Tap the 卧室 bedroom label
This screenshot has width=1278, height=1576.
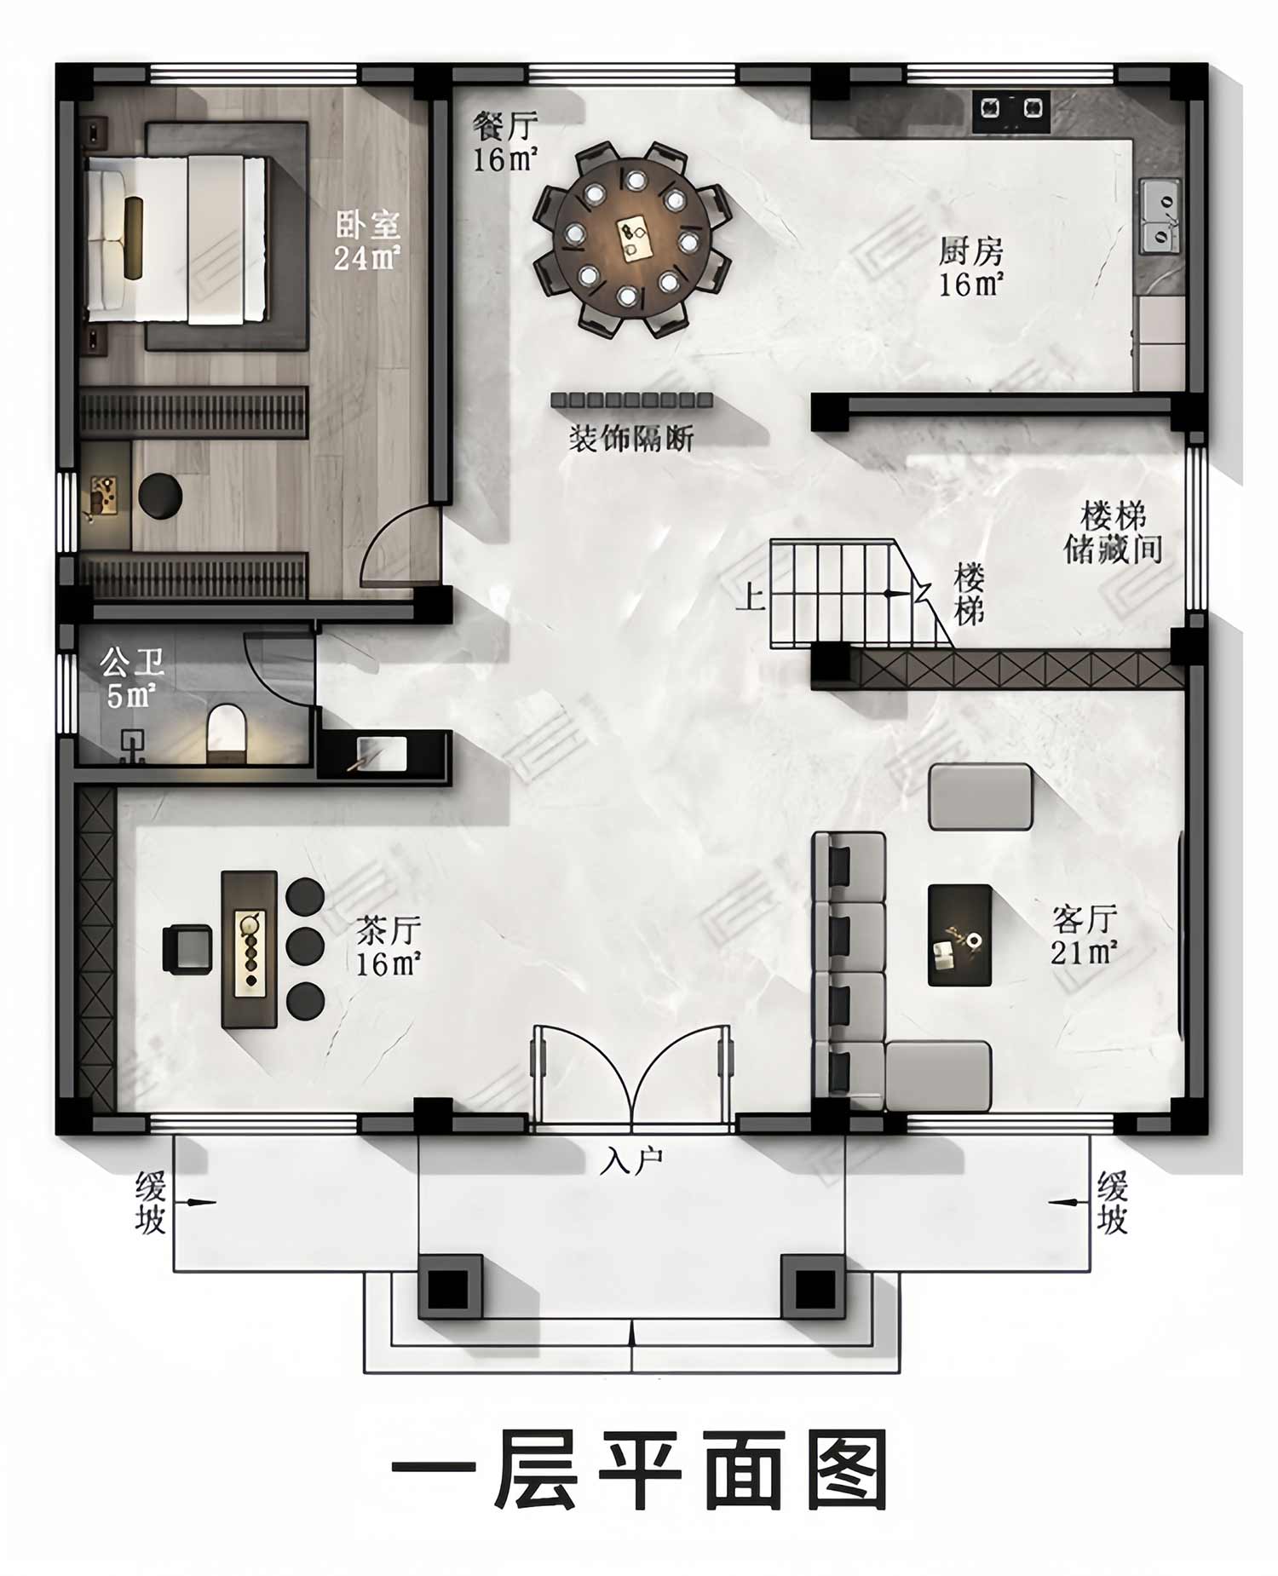(367, 226)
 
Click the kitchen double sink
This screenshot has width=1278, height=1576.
(1160, 216)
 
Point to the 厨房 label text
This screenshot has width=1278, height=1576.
(971, 252)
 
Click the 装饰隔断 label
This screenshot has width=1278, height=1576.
(631, 439)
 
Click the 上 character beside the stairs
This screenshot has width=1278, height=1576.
(750, 596)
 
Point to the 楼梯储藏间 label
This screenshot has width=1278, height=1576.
(1114, 532)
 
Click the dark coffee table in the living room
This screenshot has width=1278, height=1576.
(959, 935)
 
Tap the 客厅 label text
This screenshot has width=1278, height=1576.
(1085, 920)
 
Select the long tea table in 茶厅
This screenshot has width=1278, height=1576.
(250, 949)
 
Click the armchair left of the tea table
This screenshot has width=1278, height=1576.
(187, 949)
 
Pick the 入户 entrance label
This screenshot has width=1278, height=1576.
(631, 1160)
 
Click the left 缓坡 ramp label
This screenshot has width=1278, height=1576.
(150, 1203)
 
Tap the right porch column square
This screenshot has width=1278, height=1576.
(814, 1287)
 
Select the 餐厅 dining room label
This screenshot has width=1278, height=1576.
(506, 126)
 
